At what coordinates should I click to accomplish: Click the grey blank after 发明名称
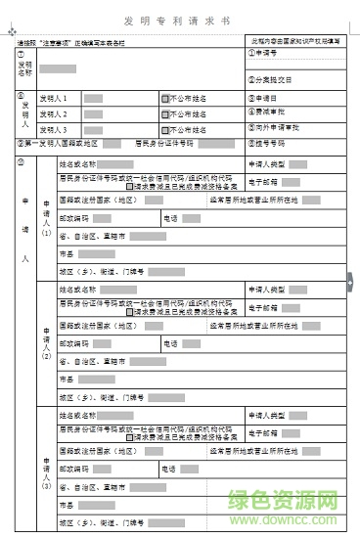pos(59,68)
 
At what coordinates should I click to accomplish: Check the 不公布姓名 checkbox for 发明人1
pos(167,99)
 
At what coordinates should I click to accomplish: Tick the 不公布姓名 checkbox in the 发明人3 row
pos(167,129)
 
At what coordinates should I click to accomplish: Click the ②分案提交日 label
pos(271,79)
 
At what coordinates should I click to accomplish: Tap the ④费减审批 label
pos(265,112)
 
